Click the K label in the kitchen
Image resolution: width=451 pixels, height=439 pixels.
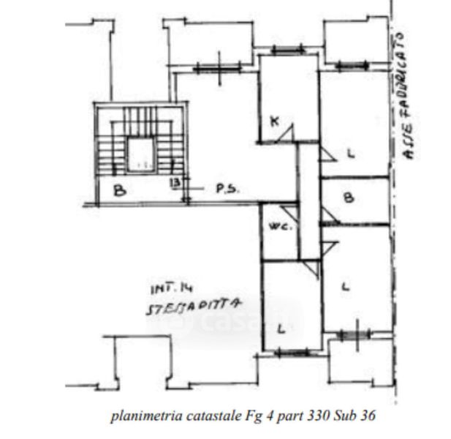coord(274,121)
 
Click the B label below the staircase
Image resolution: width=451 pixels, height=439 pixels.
coord(120,192)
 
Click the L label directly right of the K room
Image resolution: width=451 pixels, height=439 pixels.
coord(350,154)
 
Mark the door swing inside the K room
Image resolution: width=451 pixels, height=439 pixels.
coord(287,133)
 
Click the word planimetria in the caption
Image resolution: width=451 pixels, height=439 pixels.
coord(143,416)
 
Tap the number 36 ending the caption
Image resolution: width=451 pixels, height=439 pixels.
coord(367,416)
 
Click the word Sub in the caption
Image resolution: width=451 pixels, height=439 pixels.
coord(343,416)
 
